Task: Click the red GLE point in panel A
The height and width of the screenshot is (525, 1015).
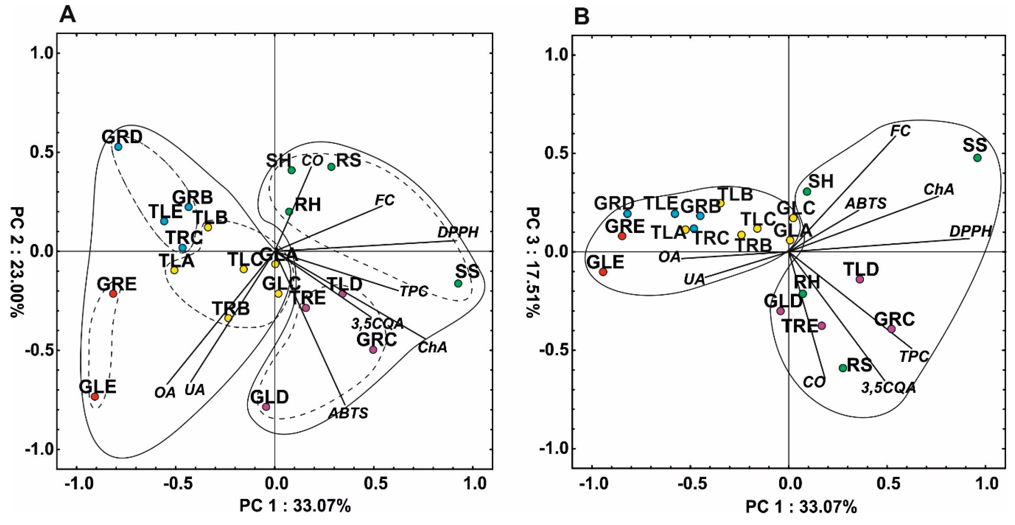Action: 95,397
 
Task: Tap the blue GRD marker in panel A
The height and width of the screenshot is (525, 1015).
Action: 118,147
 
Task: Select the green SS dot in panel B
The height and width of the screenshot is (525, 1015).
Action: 977,158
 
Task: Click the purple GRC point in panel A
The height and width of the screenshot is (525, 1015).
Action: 373,350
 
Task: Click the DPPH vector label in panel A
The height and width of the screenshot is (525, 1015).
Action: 458,232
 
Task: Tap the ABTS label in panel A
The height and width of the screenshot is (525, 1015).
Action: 348,413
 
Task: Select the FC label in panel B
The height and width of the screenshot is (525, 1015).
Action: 901,131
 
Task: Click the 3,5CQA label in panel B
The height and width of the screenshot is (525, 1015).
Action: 888,388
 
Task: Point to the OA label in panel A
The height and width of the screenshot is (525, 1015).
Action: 165,393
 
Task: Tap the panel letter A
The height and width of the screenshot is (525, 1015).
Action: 67,17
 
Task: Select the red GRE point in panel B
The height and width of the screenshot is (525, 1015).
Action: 622,236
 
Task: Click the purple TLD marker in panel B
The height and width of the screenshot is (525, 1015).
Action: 860,279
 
